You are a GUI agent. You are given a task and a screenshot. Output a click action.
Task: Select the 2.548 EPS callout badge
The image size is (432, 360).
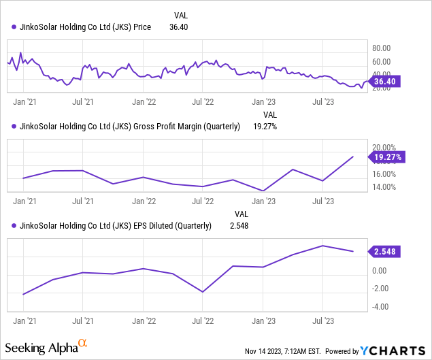(386, 252)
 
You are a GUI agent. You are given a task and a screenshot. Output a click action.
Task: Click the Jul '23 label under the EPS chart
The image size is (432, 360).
(322, 318)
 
